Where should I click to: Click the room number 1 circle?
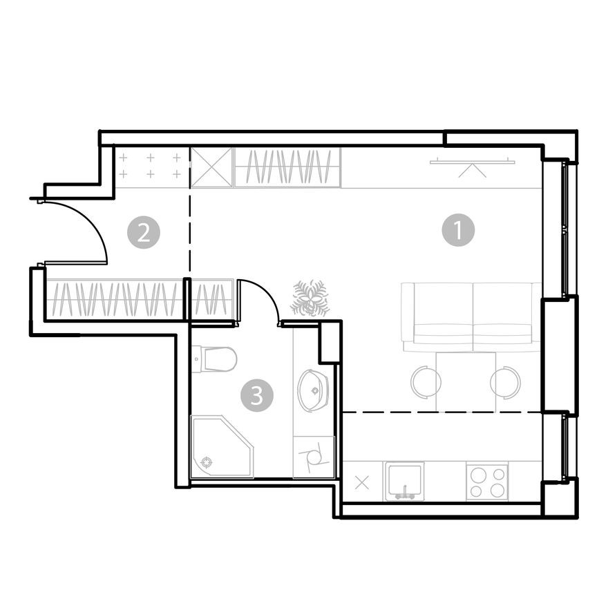(458, 230)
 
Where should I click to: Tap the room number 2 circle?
(144, 232)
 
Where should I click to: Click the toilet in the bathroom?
(216, 359)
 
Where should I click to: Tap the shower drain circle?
(205, 463)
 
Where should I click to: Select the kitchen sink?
(404, 480)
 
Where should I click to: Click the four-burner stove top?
(487, 481)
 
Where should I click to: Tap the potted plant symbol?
(310, 298)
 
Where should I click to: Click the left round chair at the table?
(426, 381)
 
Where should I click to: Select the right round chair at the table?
(505, 381)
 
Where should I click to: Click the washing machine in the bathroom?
(314, 457)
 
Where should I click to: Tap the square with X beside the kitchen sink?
(362, 482)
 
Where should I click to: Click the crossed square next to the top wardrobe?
(211, 167)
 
